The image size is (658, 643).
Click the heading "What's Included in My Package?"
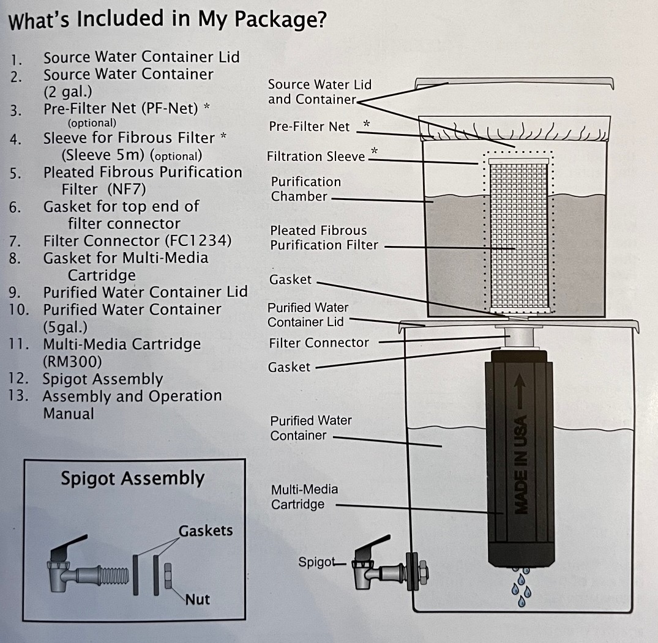[x=166, y=20]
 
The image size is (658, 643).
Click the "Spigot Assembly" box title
[x=132, y=478]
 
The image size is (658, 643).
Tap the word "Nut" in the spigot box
[x=198, y=599]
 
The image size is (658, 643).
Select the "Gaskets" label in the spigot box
[x=206, y=530]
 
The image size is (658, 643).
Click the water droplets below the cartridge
[x=520, y=587]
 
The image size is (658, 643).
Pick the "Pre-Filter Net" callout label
[x=310, y=127]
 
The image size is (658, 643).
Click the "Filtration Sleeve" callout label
[x=316, y=157]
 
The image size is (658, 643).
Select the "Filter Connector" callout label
[x=319, y=343]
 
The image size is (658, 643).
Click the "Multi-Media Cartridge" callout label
[x=304, y=497]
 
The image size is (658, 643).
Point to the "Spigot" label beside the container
[x=316, y=562]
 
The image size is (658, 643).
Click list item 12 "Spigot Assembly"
[x=102, y=379]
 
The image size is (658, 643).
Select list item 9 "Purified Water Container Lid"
[x=145, y=292]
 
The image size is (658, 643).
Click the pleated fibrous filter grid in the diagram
[x=518, y=232]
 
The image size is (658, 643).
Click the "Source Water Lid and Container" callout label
[x=320, y=92]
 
